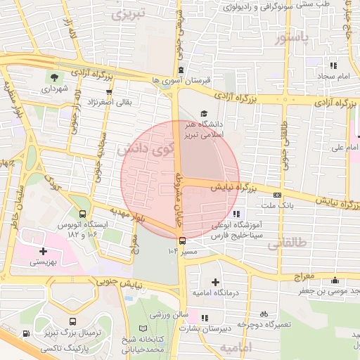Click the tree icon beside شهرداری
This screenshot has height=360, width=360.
53,77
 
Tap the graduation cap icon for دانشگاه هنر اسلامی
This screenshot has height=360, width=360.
204,113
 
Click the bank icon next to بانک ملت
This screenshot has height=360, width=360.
278,195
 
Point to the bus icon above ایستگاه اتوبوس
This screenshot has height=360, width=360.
84,213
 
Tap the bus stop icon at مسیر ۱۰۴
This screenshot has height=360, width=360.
182,240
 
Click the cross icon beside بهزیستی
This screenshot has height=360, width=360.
44,250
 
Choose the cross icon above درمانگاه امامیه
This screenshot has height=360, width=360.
215,281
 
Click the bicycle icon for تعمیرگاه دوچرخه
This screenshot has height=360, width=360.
264,314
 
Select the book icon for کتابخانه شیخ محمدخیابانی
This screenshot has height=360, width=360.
143,328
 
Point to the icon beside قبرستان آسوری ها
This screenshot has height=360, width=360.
181,70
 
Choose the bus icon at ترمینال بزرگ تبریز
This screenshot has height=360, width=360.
26,334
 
